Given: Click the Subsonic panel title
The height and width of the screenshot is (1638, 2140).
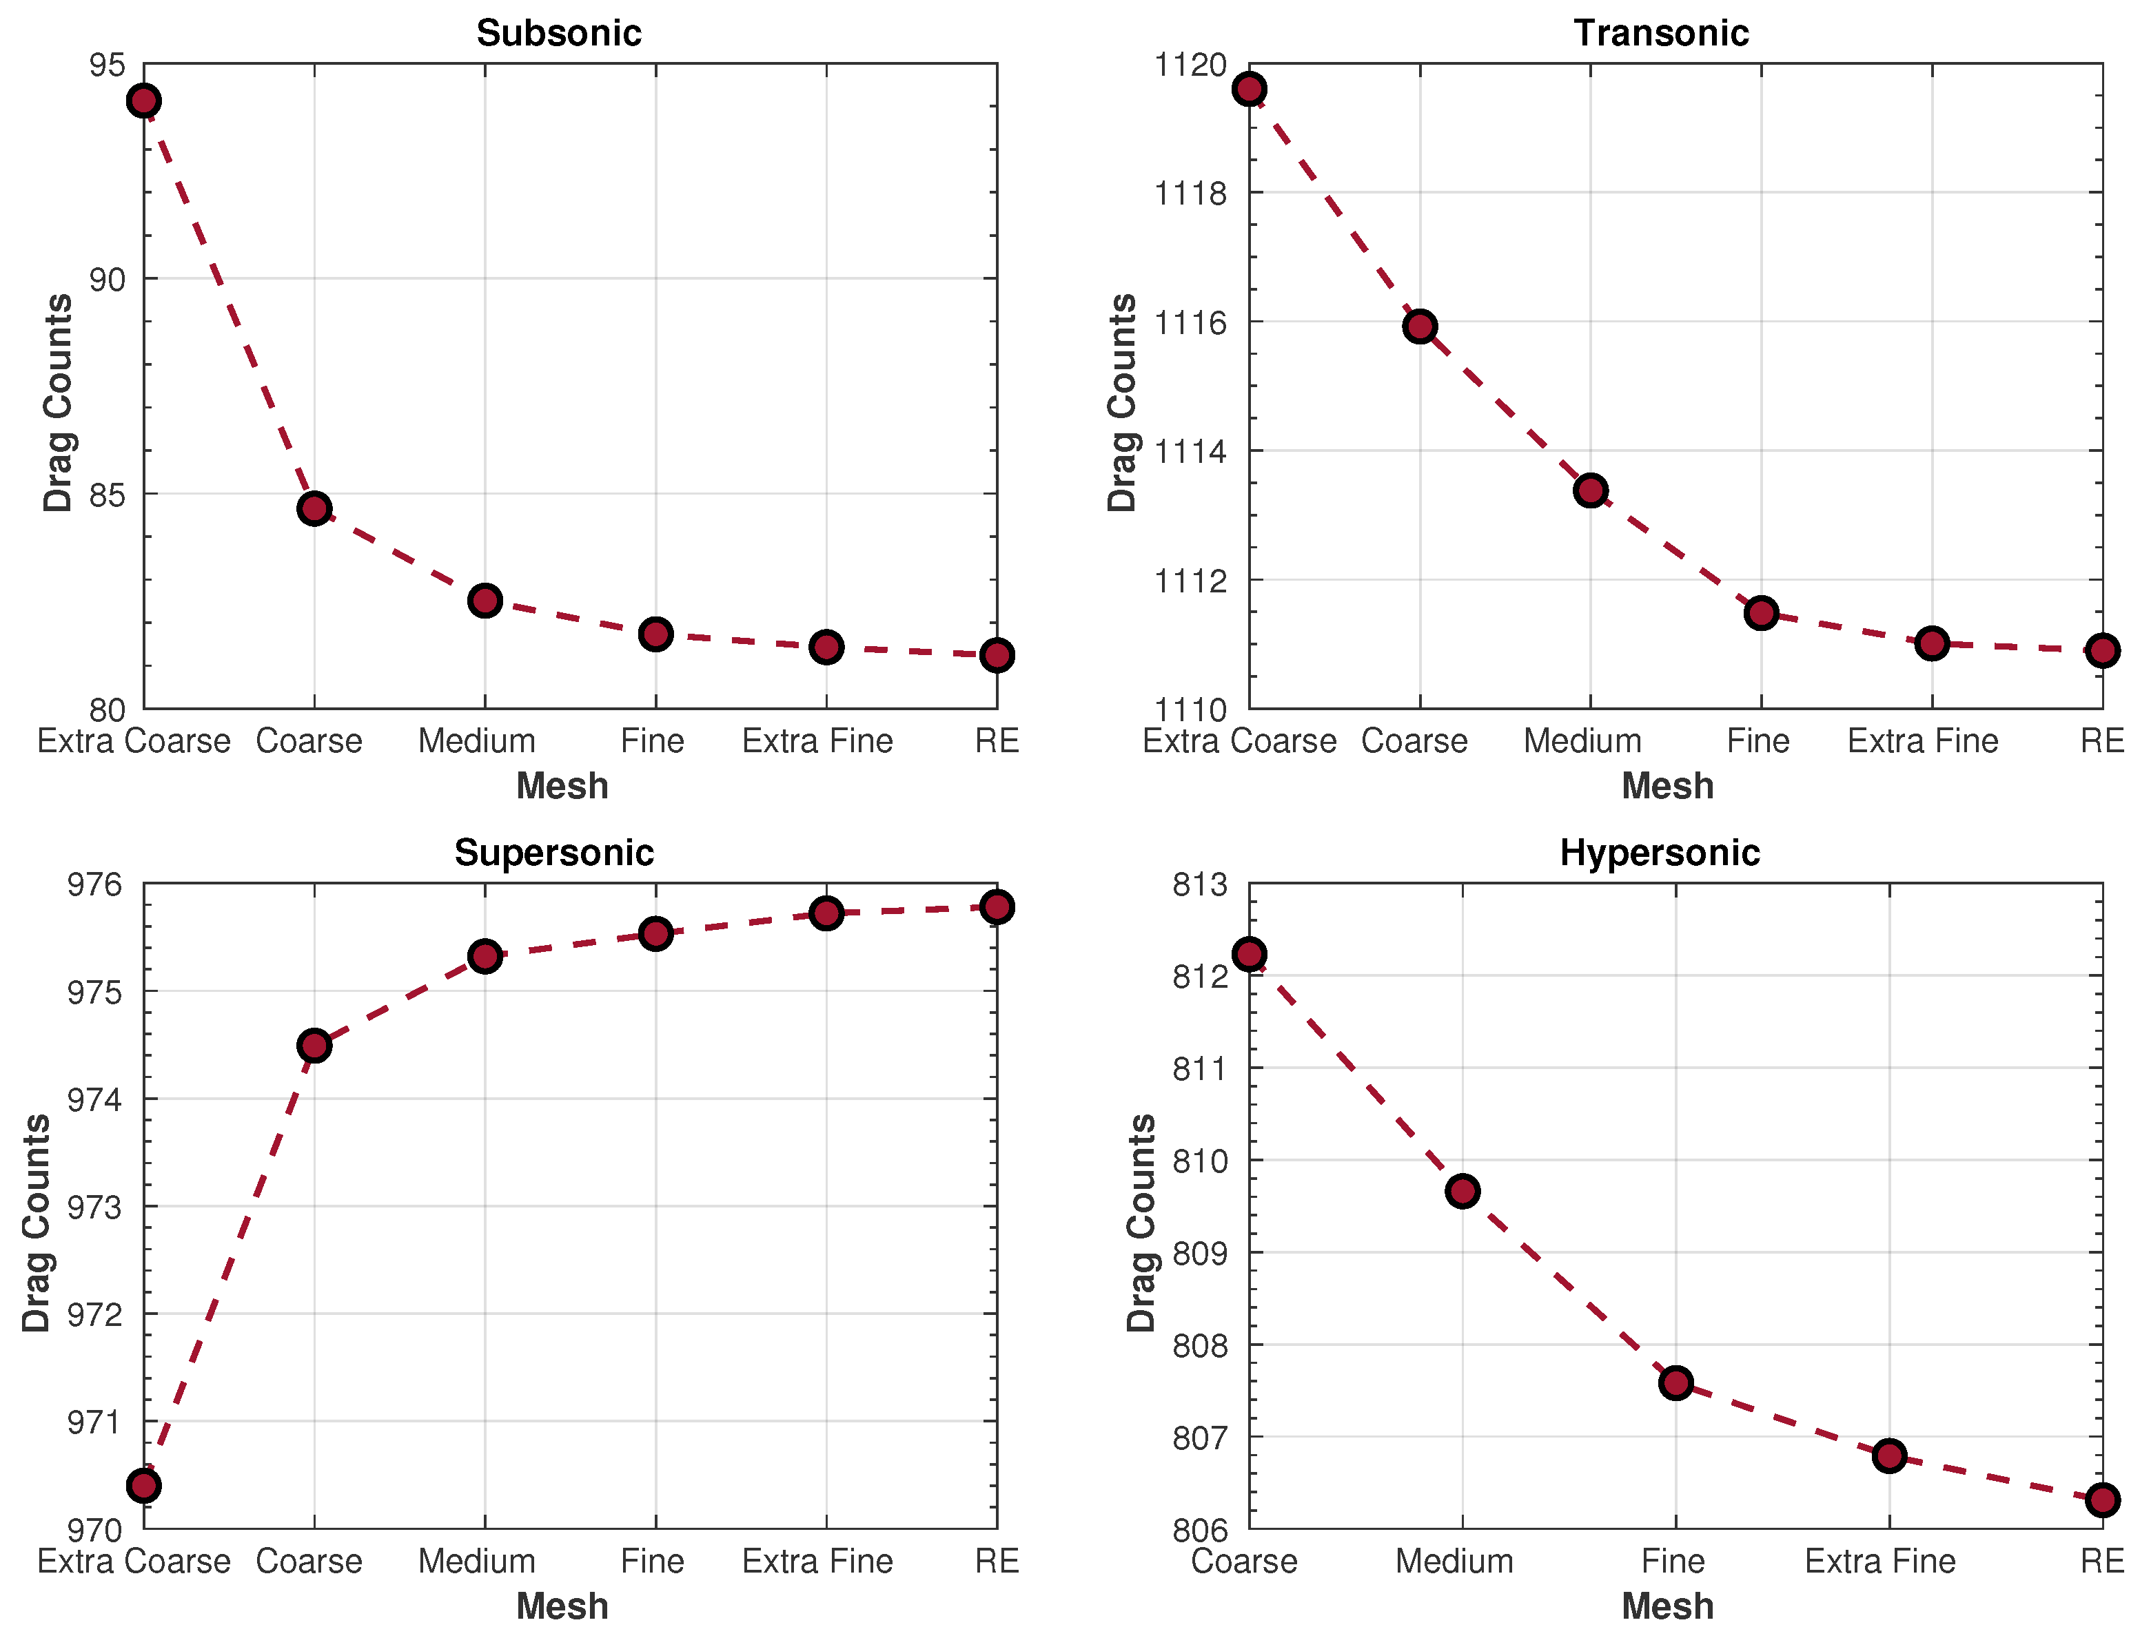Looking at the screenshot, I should click(x=558, y=33).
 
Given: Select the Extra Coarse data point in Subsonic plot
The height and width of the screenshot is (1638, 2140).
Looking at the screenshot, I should click(x=143, y=101).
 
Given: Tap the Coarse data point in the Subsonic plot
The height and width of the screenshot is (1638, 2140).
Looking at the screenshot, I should click(x=314, y=508).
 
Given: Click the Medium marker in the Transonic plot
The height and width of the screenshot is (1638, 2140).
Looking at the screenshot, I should click(x=1590, y=490).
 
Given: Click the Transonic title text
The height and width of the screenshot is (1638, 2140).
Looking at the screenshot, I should click(x=1660, y=33).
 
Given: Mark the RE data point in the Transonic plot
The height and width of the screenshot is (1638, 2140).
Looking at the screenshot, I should click(x=2102, y=650).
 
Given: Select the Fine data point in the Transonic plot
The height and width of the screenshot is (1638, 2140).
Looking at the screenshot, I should click(x=1760, y=613).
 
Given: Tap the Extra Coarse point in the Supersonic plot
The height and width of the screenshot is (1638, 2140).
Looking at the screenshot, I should click(x=143, y=1486).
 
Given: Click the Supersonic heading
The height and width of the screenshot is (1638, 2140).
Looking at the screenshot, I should click(x=554, y=853).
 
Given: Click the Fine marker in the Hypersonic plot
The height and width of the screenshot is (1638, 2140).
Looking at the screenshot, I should click(x=1675, y=1382).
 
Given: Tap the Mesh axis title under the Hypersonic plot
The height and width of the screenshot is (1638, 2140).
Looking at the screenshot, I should click(x=1667, y=1606).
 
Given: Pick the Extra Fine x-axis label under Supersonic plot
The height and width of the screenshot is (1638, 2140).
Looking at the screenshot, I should click(x=817, y=1561).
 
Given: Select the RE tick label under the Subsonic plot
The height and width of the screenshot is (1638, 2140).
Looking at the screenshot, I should click(x=997, y=741).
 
